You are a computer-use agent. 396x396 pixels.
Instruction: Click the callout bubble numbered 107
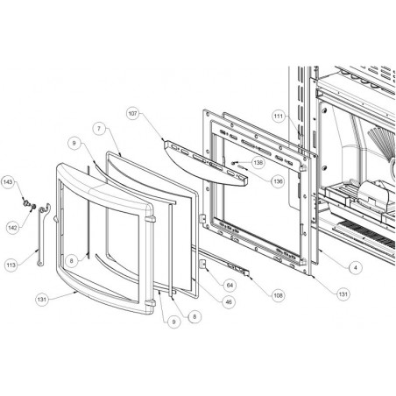coord(133,113)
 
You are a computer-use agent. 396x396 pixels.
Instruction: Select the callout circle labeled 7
coord(99,129)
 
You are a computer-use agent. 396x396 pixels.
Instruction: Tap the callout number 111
coord(279,117)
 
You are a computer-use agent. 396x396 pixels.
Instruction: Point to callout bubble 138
coord(258,162)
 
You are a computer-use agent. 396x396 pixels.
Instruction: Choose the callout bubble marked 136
coord(278,181)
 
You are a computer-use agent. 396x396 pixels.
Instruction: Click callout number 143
coord(8,182)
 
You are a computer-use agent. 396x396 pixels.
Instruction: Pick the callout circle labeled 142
coord(13,228)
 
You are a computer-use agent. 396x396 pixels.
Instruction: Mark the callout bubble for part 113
coord(11,265)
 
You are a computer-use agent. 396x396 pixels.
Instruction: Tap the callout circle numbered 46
coord(229,301)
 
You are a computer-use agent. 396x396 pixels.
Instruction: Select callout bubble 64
coord(230,285)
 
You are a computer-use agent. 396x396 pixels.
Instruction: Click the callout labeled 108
coord(278,295)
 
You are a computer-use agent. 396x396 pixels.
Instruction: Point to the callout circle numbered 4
coord(356,267)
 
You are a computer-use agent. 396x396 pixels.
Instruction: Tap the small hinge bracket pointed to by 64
coord(202,264)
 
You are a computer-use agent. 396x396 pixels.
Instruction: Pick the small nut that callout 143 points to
coord(25,202)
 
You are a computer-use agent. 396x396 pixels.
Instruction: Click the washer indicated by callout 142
coord(33,207)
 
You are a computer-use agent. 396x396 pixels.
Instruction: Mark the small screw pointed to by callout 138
coord(234,162)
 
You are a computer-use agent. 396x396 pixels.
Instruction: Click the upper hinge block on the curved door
coord(150,219)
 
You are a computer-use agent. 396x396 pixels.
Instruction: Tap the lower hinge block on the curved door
coord(150,302)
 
